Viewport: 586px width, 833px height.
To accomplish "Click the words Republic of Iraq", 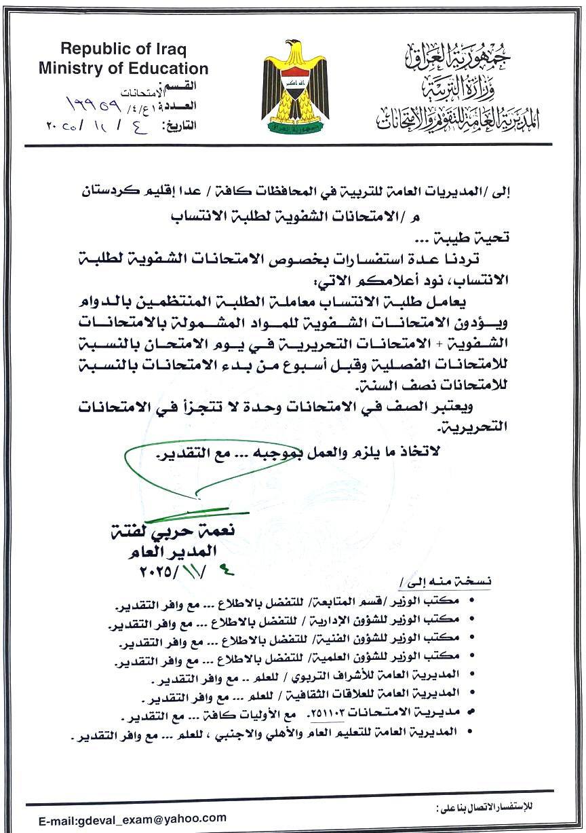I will coord(123,50).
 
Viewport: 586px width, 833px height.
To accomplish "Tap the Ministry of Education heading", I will coord(123,69).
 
